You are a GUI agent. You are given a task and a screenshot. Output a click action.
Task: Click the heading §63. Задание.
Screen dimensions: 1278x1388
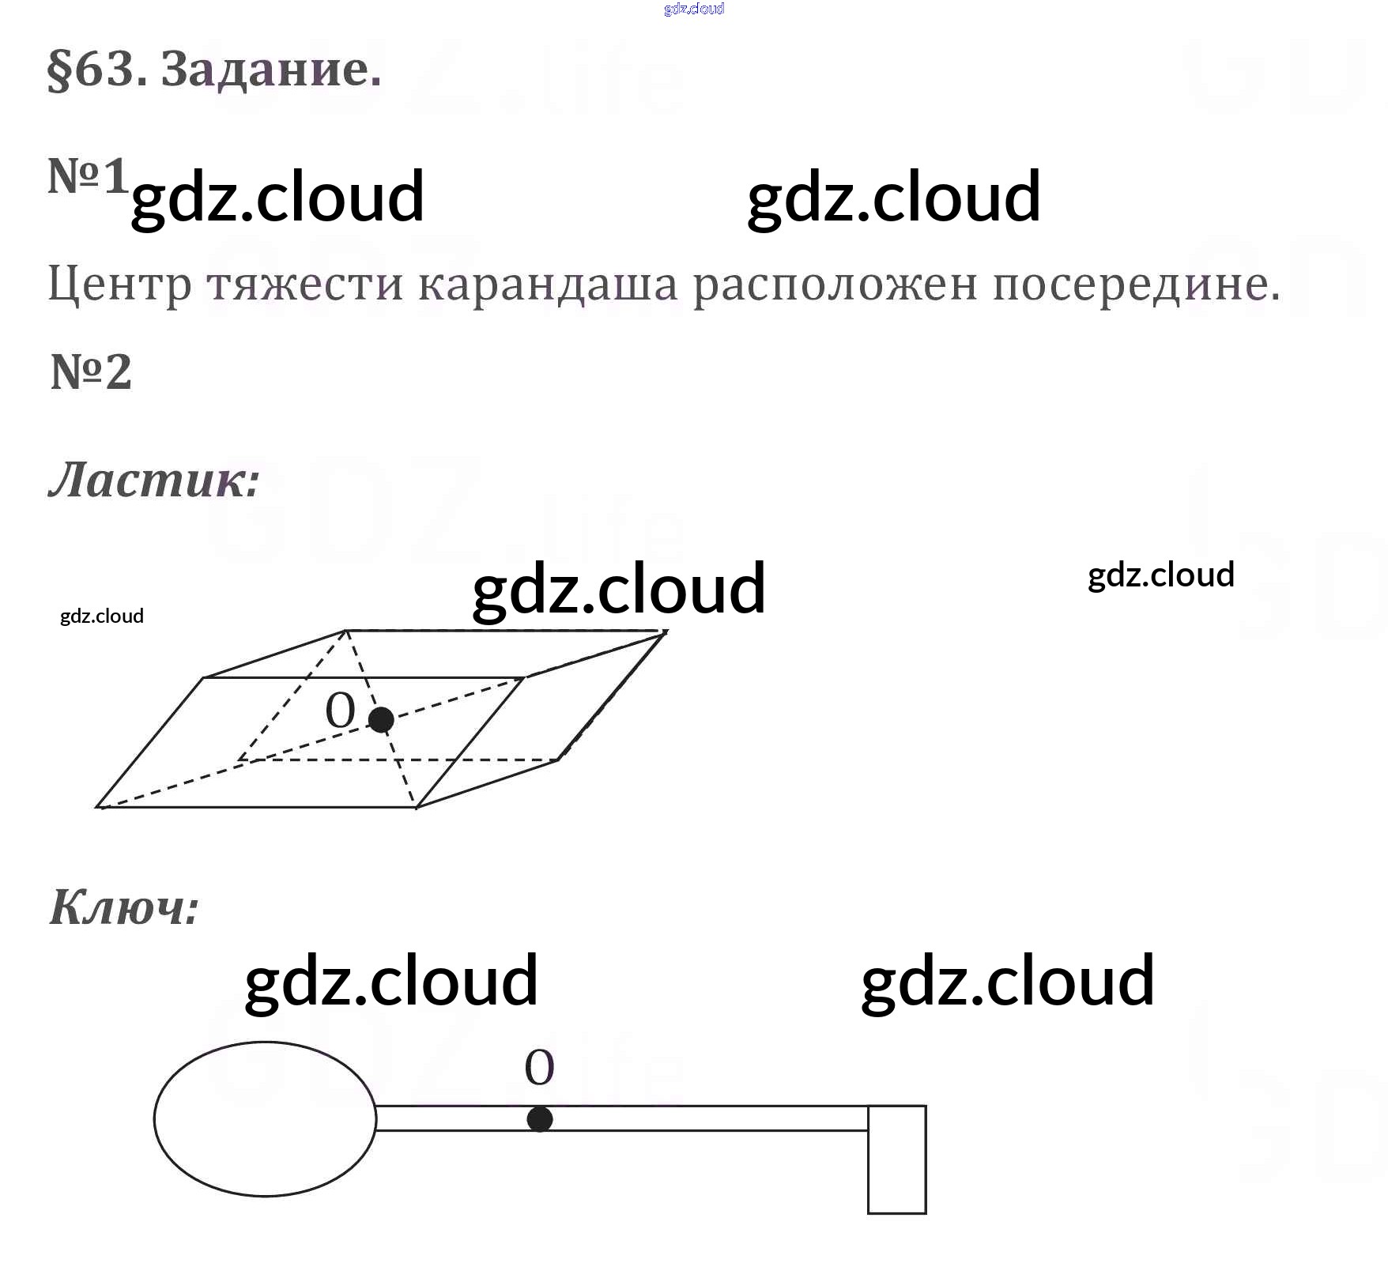pos(214,70)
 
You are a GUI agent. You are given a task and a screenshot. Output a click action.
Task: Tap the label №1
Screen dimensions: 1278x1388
pos(87,175)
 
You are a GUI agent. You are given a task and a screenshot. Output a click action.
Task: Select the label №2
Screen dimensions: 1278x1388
pos(91,372)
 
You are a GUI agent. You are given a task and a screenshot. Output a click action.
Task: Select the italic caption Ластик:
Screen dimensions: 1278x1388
pos(154,480)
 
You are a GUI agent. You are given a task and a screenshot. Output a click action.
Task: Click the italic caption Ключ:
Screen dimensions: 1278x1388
pos(124,907)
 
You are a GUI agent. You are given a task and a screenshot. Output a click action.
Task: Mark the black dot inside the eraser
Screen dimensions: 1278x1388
pos(381,719)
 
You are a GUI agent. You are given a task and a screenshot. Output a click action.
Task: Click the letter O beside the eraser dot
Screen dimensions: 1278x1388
pos(340,711)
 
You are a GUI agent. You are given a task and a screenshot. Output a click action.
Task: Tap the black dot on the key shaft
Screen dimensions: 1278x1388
pos(540,1119)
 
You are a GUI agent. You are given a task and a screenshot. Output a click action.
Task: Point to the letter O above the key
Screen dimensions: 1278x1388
pos(540,1068)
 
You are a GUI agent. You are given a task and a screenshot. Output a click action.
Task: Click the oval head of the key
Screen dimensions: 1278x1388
pos(265,1118)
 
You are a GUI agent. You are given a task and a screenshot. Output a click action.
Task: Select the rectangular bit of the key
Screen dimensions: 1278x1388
pos(896,1159)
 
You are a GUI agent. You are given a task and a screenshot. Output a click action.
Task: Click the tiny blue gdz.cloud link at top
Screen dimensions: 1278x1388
pos(694,9)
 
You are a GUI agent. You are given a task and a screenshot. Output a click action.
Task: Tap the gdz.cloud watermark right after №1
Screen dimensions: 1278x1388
pos(277,197)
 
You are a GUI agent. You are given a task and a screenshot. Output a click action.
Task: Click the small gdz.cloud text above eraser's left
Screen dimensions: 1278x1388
pos(102,616)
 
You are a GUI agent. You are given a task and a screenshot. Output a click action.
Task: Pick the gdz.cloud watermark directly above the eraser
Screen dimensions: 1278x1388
pos(618,589)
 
